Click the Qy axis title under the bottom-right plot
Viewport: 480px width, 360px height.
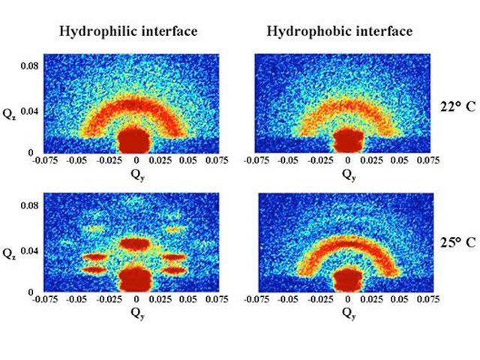click(349, 312)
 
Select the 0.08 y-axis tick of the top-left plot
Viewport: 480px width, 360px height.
click(30, 66)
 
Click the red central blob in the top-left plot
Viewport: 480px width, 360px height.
click(136, 139)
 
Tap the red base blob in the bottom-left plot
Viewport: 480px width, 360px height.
click(136, 277)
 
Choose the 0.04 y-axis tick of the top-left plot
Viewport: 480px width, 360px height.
click(30, 111)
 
